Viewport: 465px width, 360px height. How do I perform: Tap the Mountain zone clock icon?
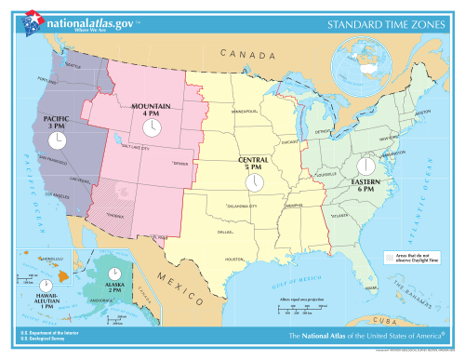click(x=151, y=127)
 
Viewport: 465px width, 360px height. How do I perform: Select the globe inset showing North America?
click(x=375, y=61)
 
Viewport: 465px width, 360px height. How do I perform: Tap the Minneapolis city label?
click(x=247, y=112)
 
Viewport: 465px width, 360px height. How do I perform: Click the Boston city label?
click(x=422, y=113)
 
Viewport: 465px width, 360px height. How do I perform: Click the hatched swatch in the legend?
click(x=390, y=255)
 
